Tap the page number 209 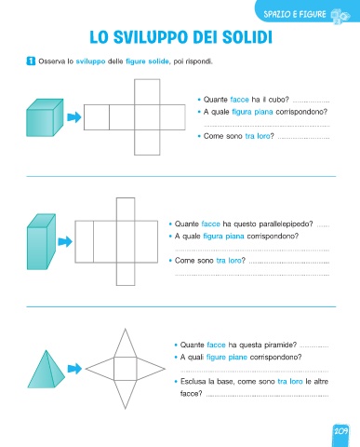(340, 431)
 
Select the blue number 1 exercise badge (31, 61)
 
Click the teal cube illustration (45, 117)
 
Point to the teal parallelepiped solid (41, 241)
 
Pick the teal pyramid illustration (47, 369)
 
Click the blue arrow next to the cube (74, 117)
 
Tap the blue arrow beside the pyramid (74, 369)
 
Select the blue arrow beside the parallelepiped (65, 241)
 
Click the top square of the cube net (147, 92)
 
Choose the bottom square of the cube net (147, 142)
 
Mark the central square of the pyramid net (126, 369)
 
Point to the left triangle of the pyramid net (100, 369)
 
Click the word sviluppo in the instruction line (90, 61)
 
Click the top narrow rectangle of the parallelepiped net (126, 210)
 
